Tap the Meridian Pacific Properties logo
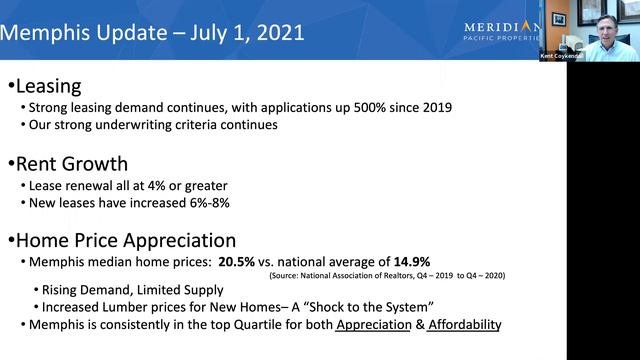[502, 29]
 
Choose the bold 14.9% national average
[408, 262]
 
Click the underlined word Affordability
[464, 325]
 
